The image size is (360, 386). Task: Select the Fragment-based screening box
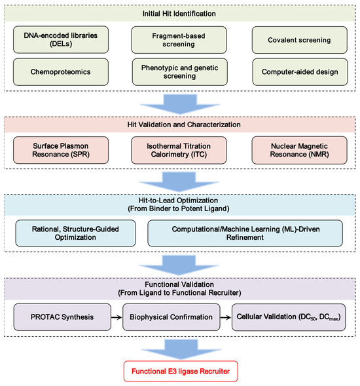179,39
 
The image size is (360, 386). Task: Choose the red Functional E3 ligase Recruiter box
179,372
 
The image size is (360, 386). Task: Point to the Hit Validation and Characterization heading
179,125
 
